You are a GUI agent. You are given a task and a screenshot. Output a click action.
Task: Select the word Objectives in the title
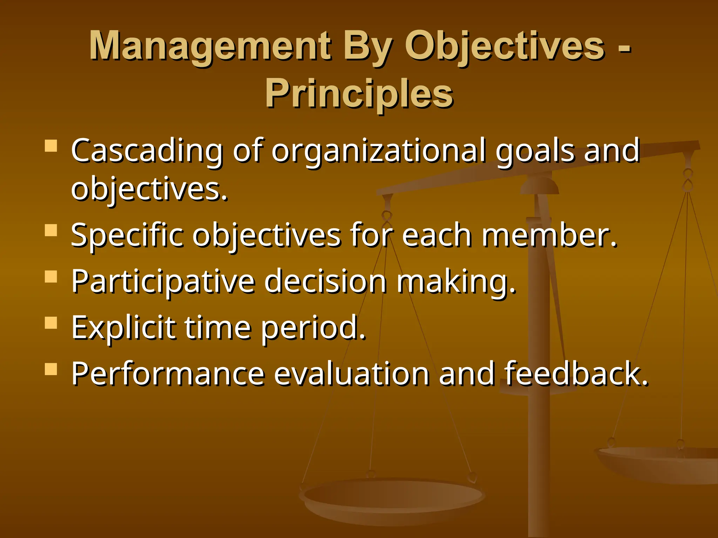pos(505,46)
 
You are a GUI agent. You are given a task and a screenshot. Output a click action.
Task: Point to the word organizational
pos(379,151)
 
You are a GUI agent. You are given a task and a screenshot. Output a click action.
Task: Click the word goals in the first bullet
pos(535,151)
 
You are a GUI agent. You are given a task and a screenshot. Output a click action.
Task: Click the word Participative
pos(163,282)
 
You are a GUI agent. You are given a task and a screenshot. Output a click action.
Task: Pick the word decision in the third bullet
pos(325,282)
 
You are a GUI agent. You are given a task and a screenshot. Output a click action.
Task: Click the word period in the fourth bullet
pos(313,328)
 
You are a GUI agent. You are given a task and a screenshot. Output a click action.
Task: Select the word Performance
pos(168,374)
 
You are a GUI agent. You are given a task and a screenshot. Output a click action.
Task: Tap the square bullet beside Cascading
pos(51,146)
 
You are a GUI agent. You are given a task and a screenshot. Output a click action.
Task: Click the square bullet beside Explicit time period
pos(51,323)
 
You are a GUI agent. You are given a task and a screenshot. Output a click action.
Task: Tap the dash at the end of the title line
pos(624,49)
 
